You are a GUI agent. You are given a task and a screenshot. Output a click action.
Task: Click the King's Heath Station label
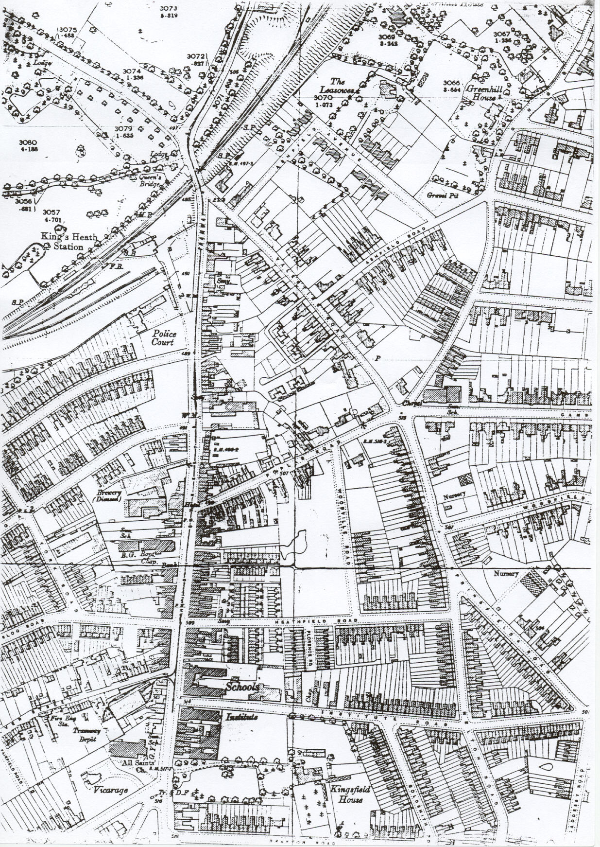pos(69,242)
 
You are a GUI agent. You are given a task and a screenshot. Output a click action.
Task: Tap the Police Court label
pos(164,338)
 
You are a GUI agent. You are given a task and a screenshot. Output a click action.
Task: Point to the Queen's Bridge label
pos(150,181)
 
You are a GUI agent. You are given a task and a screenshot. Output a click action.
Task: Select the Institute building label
pos(241,717)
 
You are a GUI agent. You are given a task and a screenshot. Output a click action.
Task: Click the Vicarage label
pos(111,790)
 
